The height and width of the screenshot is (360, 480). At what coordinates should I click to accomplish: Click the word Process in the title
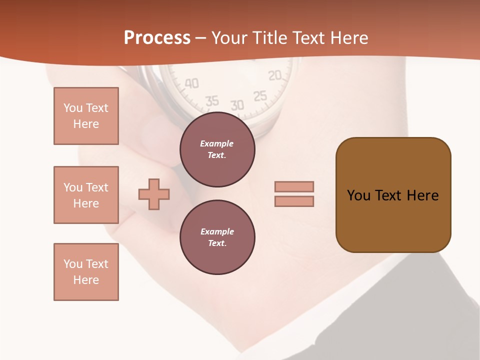click(157, 38)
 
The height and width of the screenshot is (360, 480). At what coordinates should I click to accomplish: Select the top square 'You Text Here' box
click(86, 116)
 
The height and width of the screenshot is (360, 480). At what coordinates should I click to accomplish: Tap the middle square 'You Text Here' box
click(86, 195)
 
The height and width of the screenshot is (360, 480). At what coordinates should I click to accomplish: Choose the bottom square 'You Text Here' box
click(86, 272)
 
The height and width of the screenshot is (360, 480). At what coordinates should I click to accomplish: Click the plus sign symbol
click(154, 194)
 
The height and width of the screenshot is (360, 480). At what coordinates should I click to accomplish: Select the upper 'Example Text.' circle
click(217, 149)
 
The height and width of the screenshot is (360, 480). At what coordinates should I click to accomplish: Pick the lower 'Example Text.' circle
click(217, 237)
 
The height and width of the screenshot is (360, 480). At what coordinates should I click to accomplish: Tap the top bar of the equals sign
click(294, 187)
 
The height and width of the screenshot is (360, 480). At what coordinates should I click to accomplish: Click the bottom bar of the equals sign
click(294, 201)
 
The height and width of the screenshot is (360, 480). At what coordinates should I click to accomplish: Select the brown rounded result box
click(393, 195)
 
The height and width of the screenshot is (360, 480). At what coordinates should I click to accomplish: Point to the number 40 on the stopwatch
click(191, 83)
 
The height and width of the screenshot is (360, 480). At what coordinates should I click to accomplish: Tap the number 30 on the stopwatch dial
click(237, 105)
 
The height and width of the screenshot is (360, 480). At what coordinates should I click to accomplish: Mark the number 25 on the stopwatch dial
click(260, 96)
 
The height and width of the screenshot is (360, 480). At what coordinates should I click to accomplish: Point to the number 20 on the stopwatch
click(275, 75)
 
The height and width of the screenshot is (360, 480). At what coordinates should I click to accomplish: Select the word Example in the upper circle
click(217, 143)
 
